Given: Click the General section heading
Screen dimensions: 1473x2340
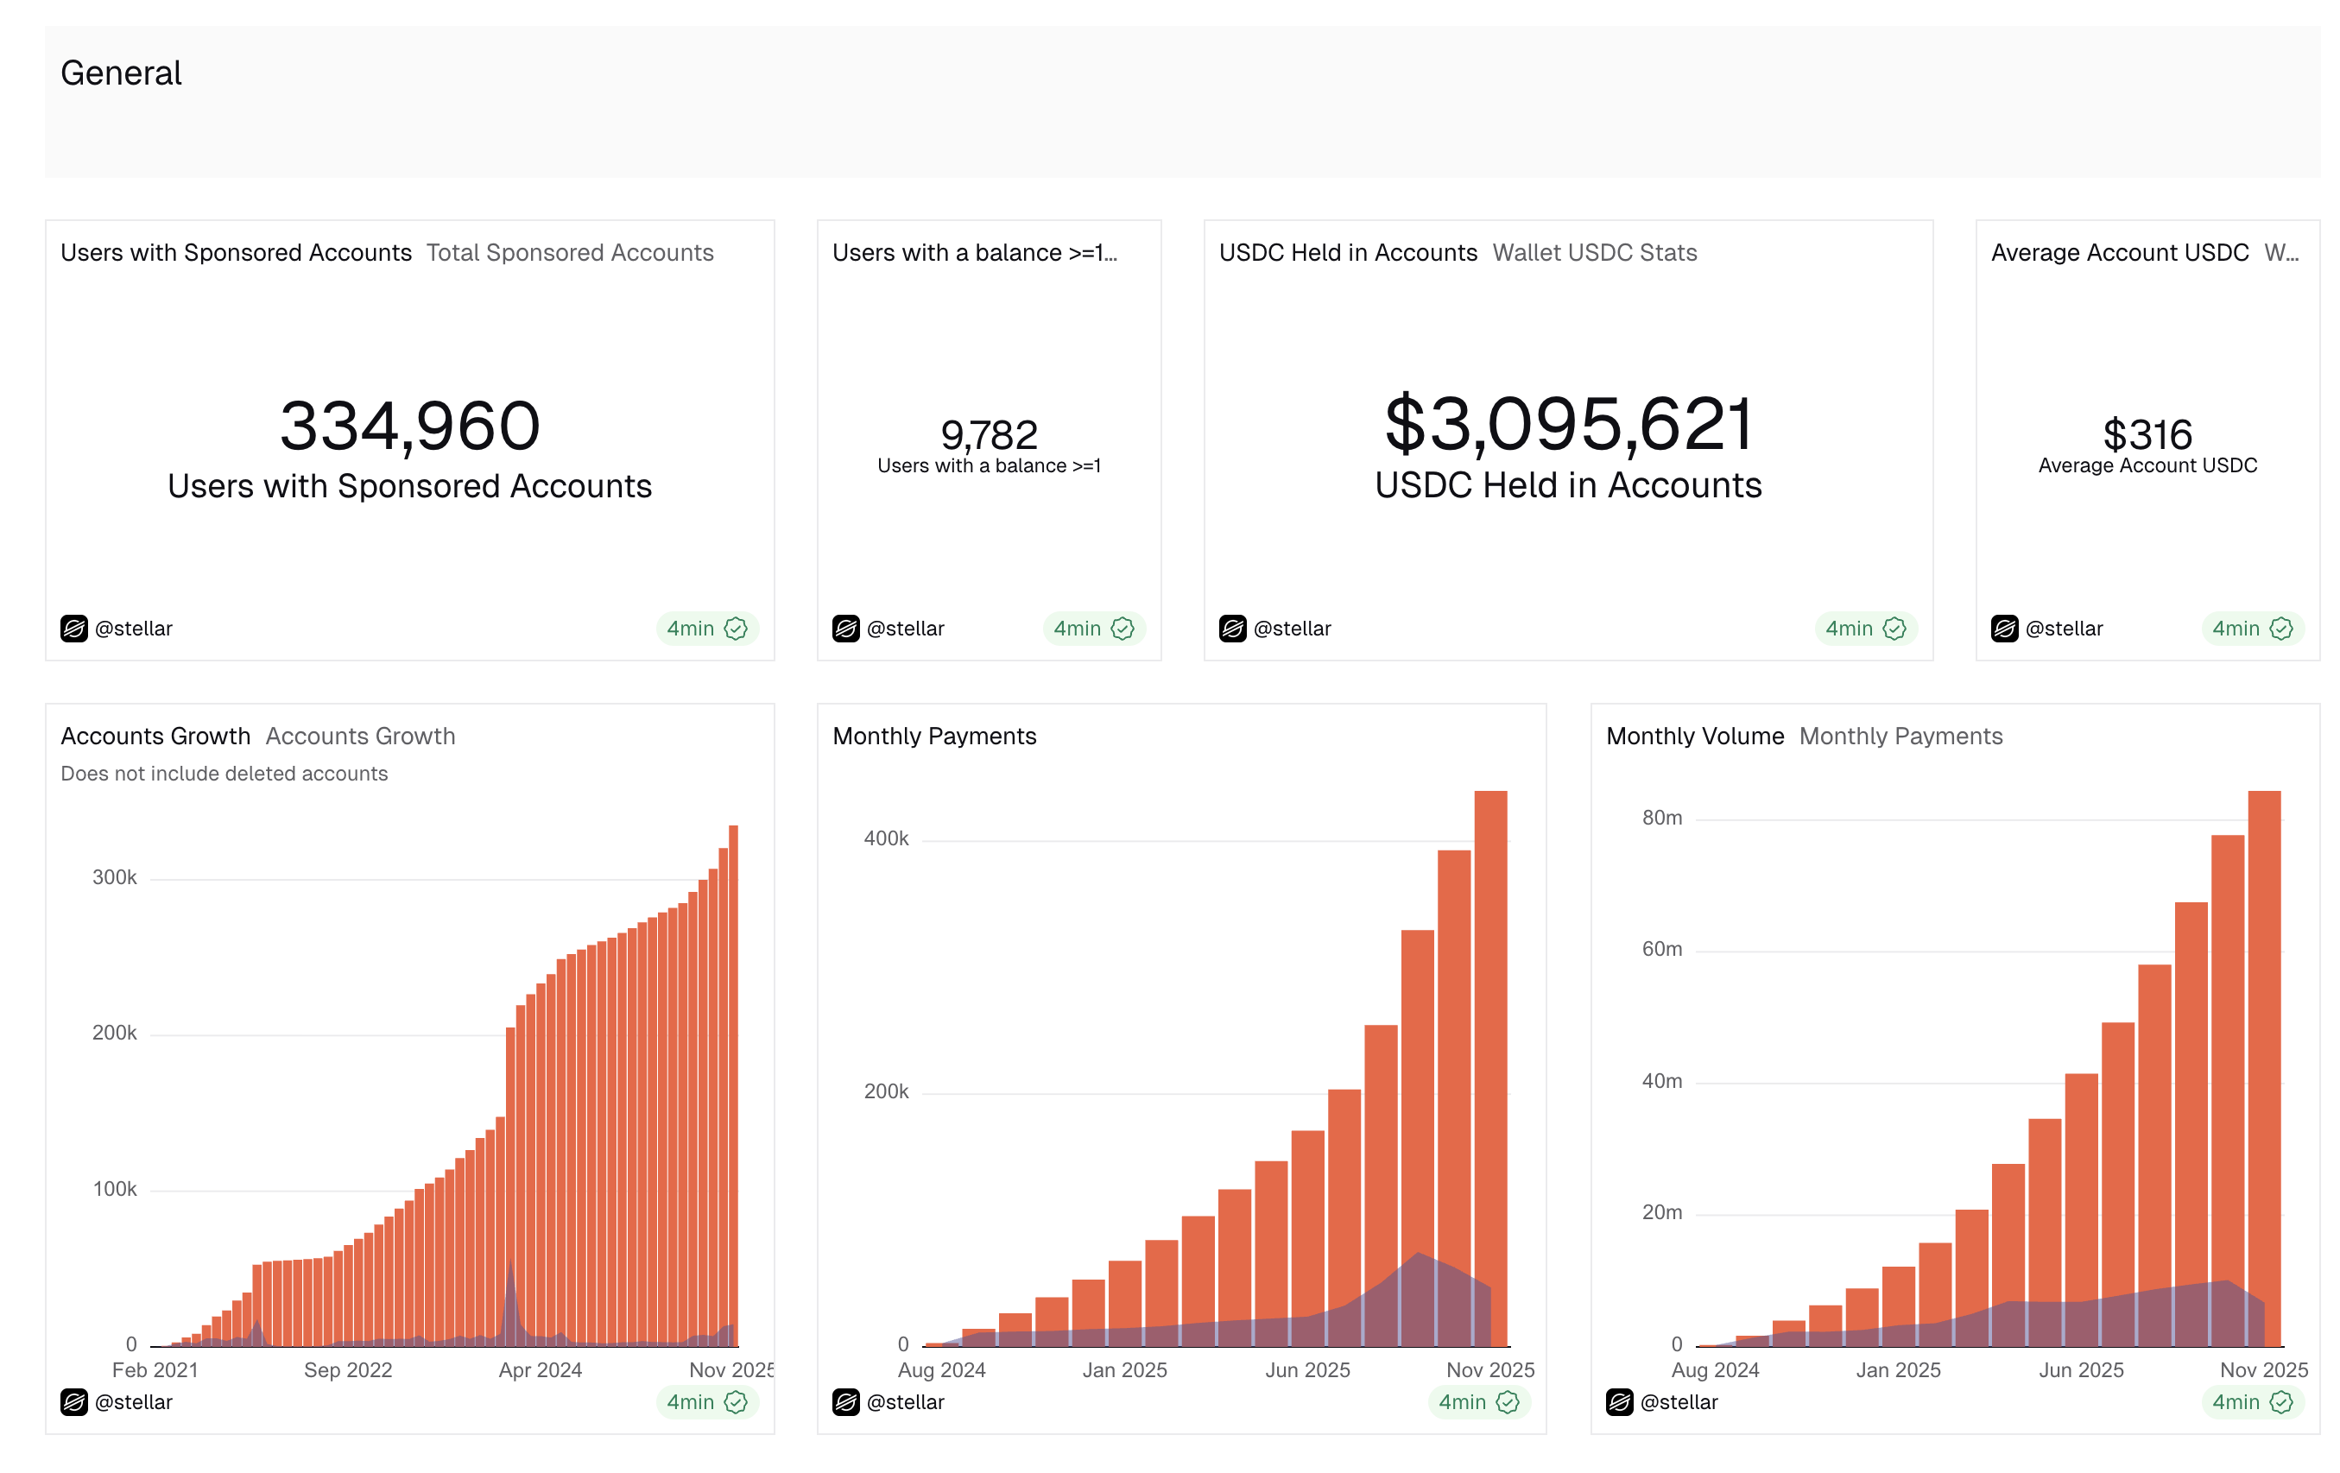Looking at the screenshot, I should pyautogui.click(x=121, y=73).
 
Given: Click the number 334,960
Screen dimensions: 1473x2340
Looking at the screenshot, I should pyautogui.click(x=409, y=426).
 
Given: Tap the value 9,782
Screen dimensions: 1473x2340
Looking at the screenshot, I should pyautogui.click(x=989, y=434).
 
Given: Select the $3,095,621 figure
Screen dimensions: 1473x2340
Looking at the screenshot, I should pyautogui.click(x=1567, y=424).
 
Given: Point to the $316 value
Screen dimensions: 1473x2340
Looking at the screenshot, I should pyautogui.click(x=2147, y=434).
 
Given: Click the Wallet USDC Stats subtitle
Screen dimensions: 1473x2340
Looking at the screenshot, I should pyautogui.click(x=1594, y=253).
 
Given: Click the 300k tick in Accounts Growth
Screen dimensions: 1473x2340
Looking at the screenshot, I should pyautogui.click(x=115, y=877).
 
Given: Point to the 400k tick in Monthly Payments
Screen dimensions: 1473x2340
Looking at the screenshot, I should pyautogui.click(x=885, y=838).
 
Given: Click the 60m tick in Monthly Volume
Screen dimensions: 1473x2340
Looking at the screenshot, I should pyautogui.click(x=1661, y=949).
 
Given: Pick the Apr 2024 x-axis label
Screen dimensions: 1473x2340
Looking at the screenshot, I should pyautogui.click(x=540, y=1370).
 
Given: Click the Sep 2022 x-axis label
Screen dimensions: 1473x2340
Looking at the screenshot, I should pyautogui.click(x=348, y=1370).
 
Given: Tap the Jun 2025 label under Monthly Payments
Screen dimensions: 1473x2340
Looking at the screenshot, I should pyautogui.click(x=1307, y=1370).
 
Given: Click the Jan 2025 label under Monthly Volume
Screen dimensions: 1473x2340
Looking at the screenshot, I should pyautogui.click(x=1897, y=1370).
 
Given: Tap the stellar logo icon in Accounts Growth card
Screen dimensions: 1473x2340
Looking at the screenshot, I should pyautogui.click(x=74, y=1402).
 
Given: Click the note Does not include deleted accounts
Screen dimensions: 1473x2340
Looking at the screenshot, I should pyautogui.click(x=224, y=774).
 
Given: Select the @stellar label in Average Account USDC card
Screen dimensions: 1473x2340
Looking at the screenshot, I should pyautogui.click(x=2063, y=629).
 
